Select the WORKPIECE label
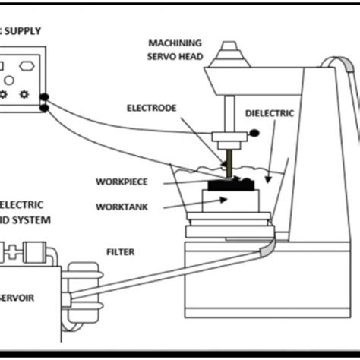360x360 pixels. pyautogui.click(x=122, y=182)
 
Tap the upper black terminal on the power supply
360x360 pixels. pyautogui.click(x=46, y=97)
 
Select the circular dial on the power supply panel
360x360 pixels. pyautogui.click(x=8, y=80)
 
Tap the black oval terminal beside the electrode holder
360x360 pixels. pyautogui.click(x=254, y=134)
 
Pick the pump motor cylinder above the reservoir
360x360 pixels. pyautogui.click(x=30, y=250)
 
